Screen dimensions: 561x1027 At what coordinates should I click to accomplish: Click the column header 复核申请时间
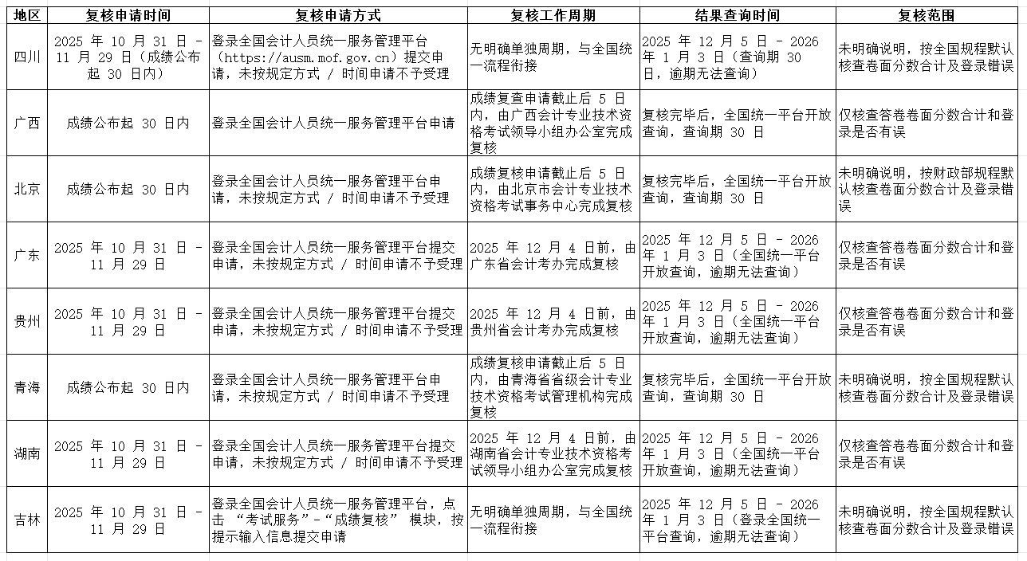click(128, 15)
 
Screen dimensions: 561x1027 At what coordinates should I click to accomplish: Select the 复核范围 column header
click(926, 15)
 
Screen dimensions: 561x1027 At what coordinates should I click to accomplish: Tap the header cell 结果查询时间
click(737, 15)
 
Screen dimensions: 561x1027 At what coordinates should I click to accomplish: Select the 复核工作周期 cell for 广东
click(553, 255)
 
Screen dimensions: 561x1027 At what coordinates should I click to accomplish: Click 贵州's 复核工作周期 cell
click(553, 321)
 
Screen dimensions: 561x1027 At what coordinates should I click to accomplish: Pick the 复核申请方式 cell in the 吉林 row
click(337, 520)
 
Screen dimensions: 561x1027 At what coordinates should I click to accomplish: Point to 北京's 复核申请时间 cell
click(128, 189)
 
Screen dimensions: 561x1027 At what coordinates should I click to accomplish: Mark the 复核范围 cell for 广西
click(926, 123)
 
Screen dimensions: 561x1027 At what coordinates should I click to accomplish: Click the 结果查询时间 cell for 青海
click(737, 387)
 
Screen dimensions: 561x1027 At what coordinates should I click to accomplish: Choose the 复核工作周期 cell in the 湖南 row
click(553, 453)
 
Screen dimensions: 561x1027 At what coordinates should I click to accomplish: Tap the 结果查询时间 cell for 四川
click(737, 57)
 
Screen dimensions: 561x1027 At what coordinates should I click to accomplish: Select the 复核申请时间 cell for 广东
click(128, 255)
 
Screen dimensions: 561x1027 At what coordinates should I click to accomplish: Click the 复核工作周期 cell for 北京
click(553, 189)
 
